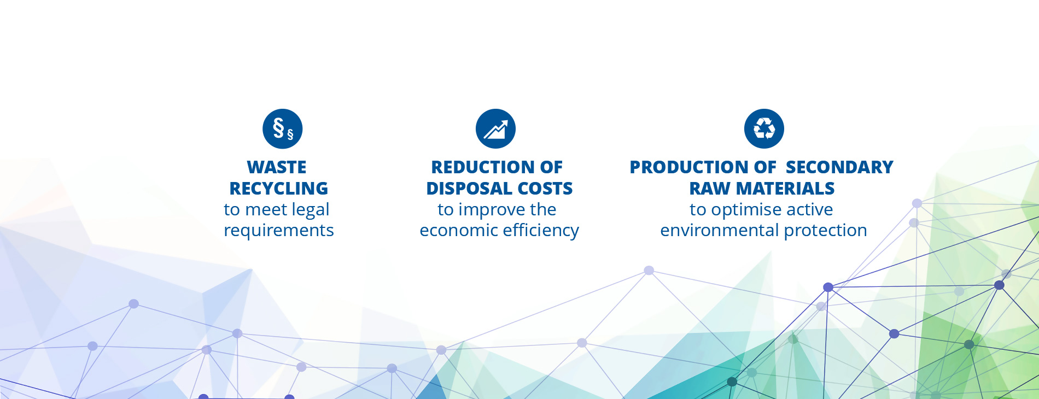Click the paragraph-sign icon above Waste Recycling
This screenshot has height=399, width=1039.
pos(282,128)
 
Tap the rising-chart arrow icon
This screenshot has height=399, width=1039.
pos(495,128)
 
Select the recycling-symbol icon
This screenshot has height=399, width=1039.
pos(764,128)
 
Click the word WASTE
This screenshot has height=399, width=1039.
pos(277,167)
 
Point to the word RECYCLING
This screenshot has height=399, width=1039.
pos(279,188)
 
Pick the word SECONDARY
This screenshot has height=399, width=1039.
pos(839,167)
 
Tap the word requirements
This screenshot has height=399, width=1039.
pos(279,231)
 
